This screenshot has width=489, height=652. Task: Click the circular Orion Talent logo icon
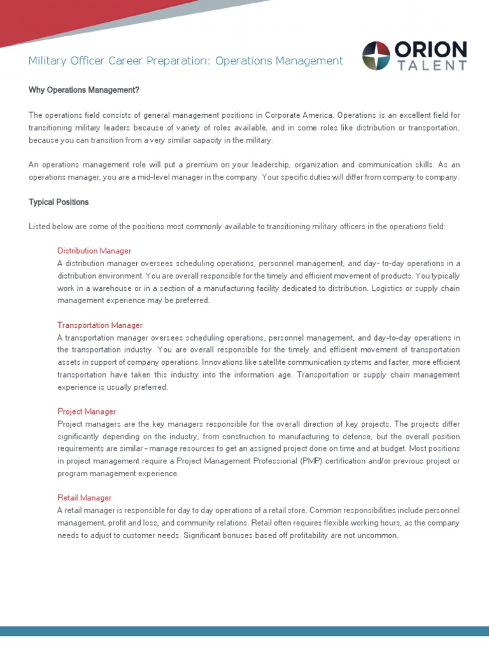376,55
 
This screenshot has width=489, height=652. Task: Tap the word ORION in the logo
430,50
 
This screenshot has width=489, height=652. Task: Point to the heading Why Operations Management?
83,90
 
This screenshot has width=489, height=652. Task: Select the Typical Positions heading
59,202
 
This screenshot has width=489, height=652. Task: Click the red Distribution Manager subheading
94,251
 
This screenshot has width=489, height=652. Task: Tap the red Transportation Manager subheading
100,325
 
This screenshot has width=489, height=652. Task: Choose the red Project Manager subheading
87,412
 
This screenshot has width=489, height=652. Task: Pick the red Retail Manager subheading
85,498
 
